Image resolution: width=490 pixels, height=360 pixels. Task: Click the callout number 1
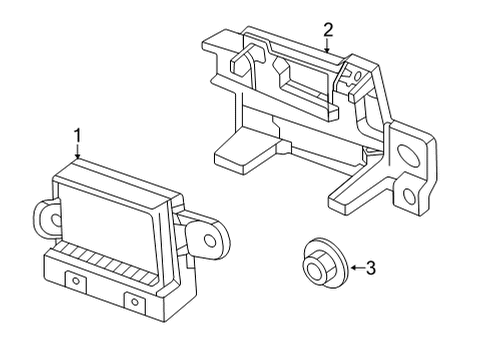[77, 133]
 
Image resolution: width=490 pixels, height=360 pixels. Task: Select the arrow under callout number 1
[78, 152]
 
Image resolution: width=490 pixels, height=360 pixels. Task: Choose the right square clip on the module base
[133, 300]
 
